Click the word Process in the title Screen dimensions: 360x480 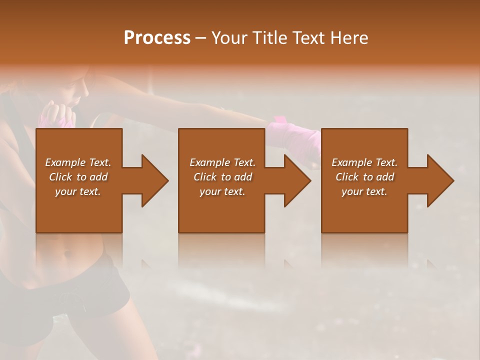[157, 38]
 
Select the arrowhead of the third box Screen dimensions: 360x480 [440, 180]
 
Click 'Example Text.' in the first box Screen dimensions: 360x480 [78, 162]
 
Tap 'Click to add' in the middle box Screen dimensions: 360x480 [222, 177]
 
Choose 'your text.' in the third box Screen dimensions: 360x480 [364, 191]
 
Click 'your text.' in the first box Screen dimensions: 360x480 [78, 191]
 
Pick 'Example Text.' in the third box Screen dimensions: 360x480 [364, 162]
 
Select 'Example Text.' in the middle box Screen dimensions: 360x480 [222, 162]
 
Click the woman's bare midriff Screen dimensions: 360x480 [70, 250]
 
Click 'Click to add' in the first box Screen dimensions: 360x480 [78, 177]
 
